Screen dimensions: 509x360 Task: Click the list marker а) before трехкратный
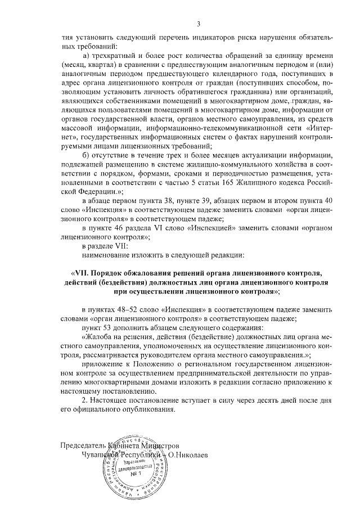(x=86, y=56)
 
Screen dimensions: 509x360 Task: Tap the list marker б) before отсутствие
(x=86, y=155)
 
